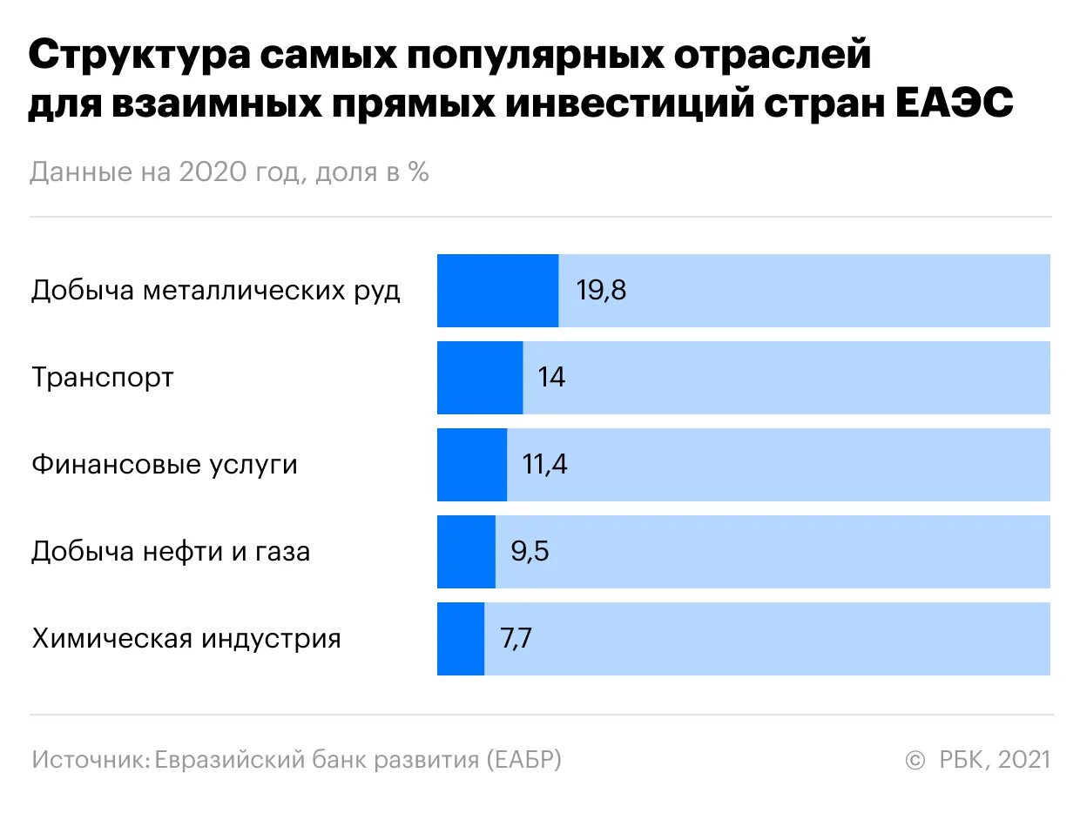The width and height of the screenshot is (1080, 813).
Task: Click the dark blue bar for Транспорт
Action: click(x=480, y=378)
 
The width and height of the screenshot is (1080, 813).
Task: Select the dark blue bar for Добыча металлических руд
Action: click(x=497, y=291)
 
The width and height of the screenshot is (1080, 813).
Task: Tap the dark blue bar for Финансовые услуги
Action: click(x=472, y=465)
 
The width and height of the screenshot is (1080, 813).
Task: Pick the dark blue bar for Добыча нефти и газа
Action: click(x=466, y=552)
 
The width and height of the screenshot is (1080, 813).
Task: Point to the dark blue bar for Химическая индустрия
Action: click(x=461, y=639)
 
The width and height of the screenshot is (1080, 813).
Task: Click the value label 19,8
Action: click(x=601, y=291)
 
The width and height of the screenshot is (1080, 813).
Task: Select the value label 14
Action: click(x=551, y=378)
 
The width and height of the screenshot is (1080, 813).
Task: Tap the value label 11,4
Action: click(x=544, y=465)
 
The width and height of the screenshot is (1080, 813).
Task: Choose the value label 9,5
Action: click(x=530, y=552)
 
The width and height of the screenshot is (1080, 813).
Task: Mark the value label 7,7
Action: click(x=516, y=639)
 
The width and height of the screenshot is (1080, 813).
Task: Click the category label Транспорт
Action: click(x=103, y=378)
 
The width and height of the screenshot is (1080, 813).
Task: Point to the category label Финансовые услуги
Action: click(x=165, y=465)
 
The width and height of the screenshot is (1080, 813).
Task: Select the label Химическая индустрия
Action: click(x=186, y=639)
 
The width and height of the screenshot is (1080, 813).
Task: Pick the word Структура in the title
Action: click(x=138, y=57)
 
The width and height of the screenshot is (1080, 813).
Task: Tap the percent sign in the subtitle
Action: click(x=418, y=172)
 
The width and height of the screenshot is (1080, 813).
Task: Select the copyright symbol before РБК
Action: click(x=915, y=761)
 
